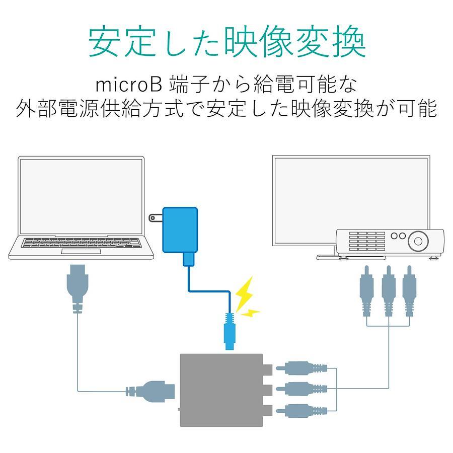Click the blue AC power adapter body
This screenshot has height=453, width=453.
[180, 230]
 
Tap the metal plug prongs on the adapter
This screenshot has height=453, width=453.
[156, 218]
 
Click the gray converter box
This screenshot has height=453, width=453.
[221, 390]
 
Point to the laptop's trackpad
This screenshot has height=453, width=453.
[81, 251]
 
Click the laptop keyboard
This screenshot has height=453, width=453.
[82, 243]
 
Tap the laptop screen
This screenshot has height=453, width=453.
[81, 196]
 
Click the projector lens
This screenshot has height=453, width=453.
[418, 241]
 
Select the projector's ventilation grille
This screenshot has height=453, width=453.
[367, 241]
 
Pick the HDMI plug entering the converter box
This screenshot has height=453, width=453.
[150, 392]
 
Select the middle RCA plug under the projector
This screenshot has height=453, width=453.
[389, 291]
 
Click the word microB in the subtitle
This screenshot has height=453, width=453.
[128, 85]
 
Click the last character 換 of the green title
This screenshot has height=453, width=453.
[349, 41]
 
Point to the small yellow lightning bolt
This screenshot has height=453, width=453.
[250, 313]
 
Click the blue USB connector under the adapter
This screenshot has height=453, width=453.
[189, 259]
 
